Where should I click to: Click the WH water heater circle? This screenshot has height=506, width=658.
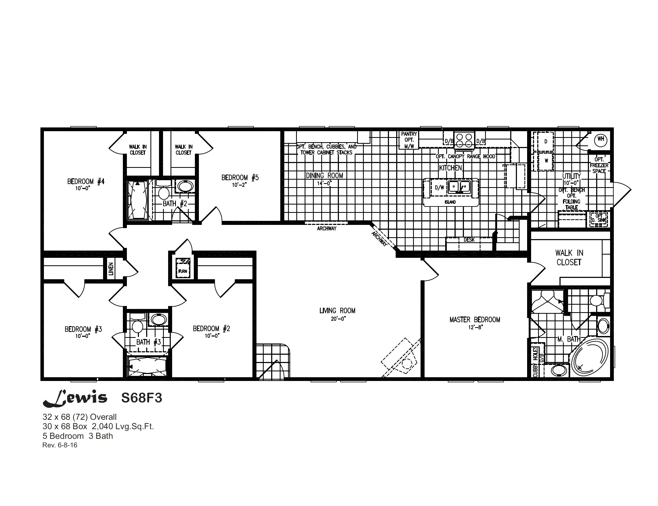600,139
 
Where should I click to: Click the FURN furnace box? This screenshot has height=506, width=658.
183,268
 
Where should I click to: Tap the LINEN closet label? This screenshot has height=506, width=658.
111,269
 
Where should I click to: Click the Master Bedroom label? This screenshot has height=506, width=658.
475,320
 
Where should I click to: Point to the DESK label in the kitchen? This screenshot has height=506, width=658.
469,240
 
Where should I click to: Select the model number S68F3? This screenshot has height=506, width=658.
142,398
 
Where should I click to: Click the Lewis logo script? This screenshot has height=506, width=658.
75,398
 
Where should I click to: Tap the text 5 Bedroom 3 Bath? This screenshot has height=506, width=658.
78,436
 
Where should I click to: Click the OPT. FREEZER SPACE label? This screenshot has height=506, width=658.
599,165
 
